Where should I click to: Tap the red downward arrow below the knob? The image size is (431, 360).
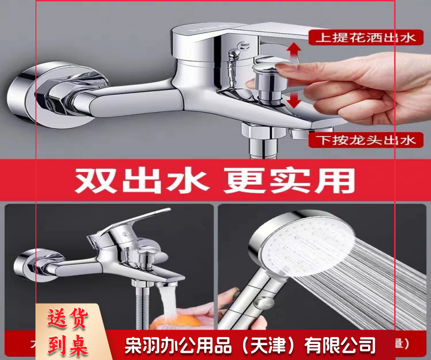292,100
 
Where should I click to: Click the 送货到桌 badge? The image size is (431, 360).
68,332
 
